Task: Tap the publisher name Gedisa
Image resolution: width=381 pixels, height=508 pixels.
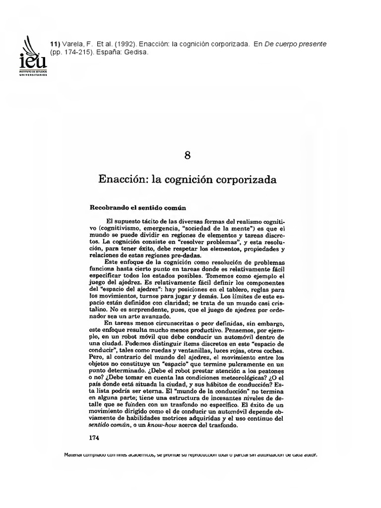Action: click(136, 52)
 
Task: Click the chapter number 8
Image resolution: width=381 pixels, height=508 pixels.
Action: click(187, 155)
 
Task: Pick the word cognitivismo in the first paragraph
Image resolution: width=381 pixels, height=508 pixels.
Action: click(117, 229)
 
